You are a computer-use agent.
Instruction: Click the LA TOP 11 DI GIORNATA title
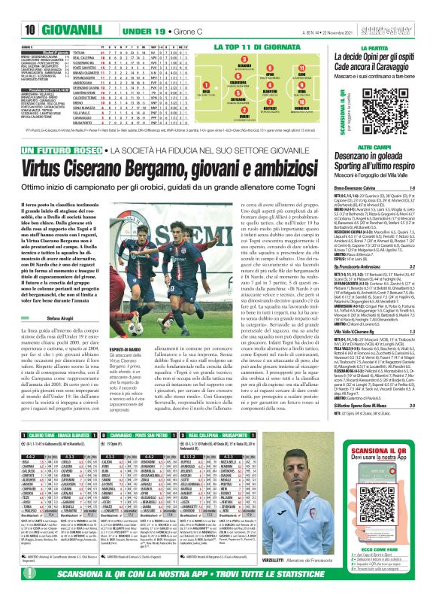click(x=260, y=47)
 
